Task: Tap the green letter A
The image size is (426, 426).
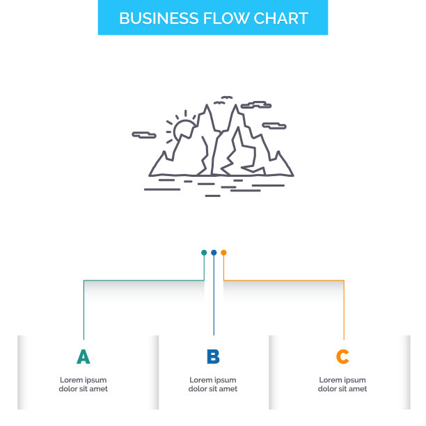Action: [x=83, y=357]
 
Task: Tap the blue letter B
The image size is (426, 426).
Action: [x=213, y=357]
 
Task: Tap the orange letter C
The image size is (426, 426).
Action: [x=342, y=357]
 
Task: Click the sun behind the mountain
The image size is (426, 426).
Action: [x=184, y=129]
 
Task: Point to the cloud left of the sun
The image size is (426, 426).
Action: [x=145, y=134]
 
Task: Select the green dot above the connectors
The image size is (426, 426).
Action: [x=204, y=253]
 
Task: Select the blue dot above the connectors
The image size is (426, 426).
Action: [x=214, y=253]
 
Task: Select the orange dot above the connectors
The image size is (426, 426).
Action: [x=223, y=253]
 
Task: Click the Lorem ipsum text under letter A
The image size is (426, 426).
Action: [x=83, y=384]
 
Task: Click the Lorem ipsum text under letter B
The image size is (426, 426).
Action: [x=213, y=384]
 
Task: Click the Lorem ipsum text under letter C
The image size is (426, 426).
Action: [x=342, y=384]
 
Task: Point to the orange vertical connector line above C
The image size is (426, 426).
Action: [x=344, y=310]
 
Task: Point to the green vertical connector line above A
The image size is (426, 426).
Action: [x=84, y=310]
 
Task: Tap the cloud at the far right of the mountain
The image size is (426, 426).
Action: [x=274, y=127]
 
